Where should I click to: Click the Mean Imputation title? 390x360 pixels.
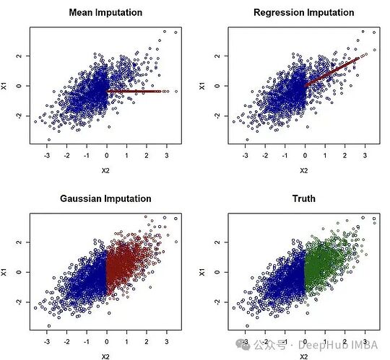pos(105,12)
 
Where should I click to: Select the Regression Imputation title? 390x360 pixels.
pos(304,12)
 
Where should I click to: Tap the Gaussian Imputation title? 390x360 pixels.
pos(105,198)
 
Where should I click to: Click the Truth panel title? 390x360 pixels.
pos(304,198)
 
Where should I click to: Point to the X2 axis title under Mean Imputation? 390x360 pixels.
pos(105,171)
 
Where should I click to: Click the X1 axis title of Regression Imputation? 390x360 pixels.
pos(202,86)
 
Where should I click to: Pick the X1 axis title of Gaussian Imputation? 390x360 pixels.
pos(4,272)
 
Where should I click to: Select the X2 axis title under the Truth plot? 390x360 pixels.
pos(303,357)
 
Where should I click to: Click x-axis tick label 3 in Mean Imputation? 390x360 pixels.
pos(167,156)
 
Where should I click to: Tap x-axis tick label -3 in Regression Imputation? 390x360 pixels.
pos(245,156)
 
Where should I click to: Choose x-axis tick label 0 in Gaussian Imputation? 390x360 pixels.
pos(107,342)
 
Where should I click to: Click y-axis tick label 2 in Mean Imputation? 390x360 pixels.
pos(19,56)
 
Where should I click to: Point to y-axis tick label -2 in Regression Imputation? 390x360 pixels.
pos(217,115)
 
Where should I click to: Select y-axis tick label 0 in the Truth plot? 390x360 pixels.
pos(217,272)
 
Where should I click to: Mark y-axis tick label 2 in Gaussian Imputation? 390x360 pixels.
pos(19,242)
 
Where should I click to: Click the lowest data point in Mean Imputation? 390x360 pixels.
pos(49,140)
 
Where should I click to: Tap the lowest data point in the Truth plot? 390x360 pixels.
pos(247,325)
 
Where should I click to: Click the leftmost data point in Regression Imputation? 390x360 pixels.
pos(234,122)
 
